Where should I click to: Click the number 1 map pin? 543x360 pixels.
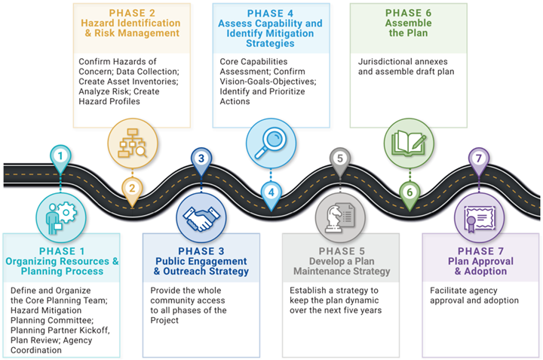click(x=60, y=158)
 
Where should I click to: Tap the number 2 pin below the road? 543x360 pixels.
click(x=132, y=189)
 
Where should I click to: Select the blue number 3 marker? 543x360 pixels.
click(x=201, y=158)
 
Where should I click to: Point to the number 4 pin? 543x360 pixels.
click(x=270, y=191)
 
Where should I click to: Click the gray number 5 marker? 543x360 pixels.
click(x=340, y=158)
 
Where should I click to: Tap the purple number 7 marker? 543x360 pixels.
click(x=477, y=158)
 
